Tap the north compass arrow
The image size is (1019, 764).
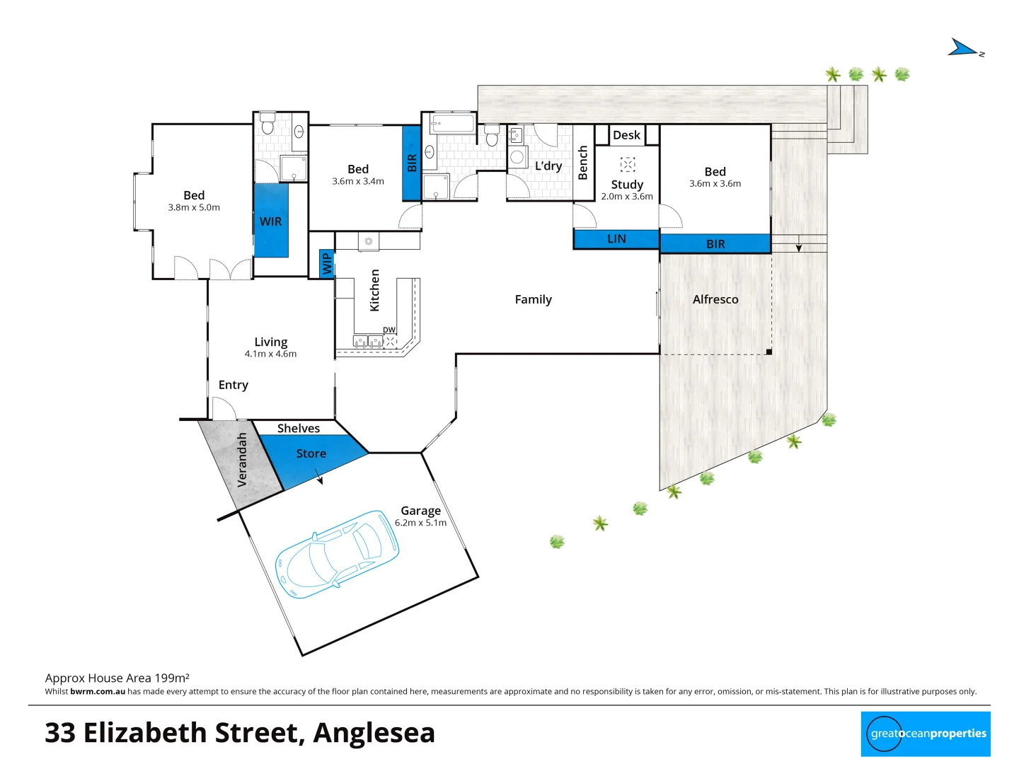(x=964, y=48)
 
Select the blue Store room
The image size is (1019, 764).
(x=311, y=457)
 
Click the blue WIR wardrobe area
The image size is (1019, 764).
(x=271, y=221)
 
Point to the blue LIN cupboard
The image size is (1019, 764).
(x=616, y=239)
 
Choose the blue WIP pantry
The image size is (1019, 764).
(x=326, y=264)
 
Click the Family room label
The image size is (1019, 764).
(x=533, y=299)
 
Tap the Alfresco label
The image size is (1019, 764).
(x=715, y=299)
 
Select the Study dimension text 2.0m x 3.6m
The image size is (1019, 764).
(x=627, y=197)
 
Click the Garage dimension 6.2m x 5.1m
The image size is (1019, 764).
(x=420, y=523)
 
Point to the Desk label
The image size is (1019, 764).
(x=626, y=135)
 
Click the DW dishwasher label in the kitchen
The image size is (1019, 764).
(x=389, y=330)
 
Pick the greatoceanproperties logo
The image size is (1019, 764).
(x=926, y=734)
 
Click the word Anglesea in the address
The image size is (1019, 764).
(x=374, y=733)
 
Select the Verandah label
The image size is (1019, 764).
(x=242, y=460)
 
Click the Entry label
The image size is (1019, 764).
(x=234, y=385)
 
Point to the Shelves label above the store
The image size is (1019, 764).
(x=299, y=428)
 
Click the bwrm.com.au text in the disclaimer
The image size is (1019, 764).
(x=98, y=692)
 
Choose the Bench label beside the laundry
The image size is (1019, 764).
(x=583, y=163)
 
